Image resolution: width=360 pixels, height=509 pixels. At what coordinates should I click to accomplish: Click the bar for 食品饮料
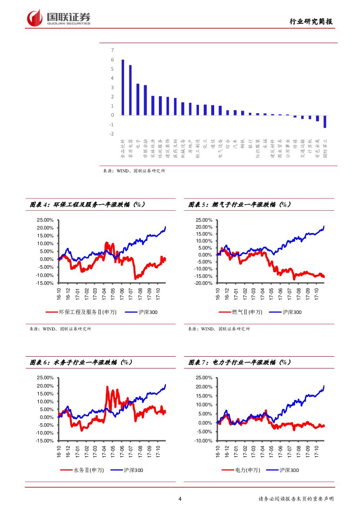(123, 87)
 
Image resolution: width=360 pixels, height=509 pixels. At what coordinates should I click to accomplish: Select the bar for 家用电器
(130, 90)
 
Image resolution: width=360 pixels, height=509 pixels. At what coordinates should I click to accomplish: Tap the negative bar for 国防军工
(325, 121)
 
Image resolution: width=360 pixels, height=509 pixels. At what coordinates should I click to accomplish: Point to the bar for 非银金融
(145, 100)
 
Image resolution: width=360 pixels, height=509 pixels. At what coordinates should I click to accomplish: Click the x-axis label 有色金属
(317, 148)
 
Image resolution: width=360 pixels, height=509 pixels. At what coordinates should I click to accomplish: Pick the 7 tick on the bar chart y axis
(112, 51)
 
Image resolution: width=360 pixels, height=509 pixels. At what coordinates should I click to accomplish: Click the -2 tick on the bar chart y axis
(112, 134)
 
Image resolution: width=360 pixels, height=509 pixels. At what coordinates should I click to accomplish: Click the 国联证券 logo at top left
(59, 18)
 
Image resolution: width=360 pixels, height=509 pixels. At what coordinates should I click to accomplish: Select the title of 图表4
(87, 204)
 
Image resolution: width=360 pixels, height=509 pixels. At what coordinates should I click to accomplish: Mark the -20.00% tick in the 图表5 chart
(204, 283)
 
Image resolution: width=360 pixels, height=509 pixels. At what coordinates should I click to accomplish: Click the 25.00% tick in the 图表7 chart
(204, 378)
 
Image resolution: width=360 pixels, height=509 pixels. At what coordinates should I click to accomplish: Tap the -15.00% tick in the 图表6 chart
(45, 441)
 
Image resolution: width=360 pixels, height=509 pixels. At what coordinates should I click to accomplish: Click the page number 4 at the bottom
(180, 499)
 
